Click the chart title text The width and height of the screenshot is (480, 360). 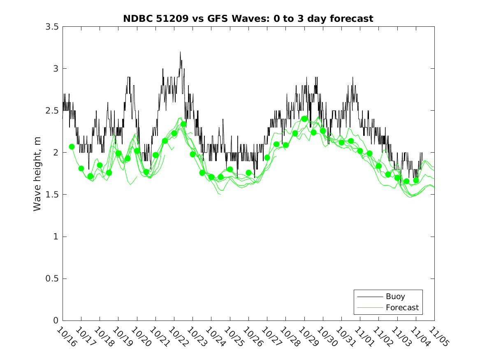tap(248, 19)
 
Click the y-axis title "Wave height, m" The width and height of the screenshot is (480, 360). tap(37, 174)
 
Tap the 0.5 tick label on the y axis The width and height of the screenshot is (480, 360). tap(51, 279)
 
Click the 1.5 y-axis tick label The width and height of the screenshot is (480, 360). tap(51, 195)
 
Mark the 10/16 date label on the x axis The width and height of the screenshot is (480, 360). tap(66, 336)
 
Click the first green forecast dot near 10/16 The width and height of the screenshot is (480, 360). tap(72, 146)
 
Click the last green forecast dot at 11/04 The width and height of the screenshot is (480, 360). tap(416, 180)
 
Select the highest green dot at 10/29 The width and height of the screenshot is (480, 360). tap(304, 118)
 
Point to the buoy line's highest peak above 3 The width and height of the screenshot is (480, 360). tap(180, 52)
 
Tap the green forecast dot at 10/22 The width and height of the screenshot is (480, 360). tap(174, 133)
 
